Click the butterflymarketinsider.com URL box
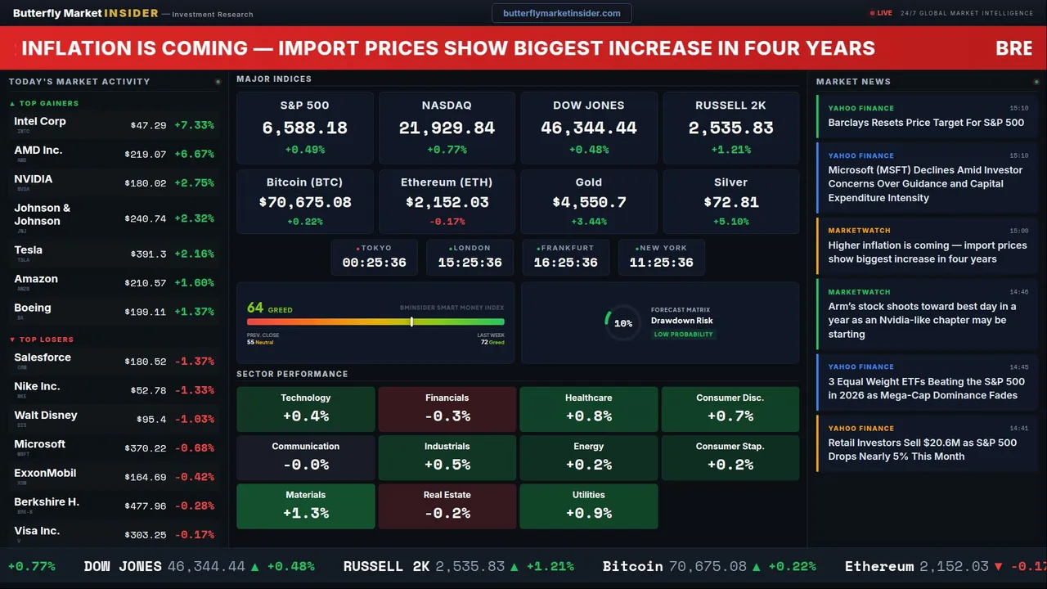click(561, 13)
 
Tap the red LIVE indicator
click(882, 13)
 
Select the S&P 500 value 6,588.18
click(304, 128)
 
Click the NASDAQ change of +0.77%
click(447, 150)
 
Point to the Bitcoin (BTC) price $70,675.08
click(304, 202)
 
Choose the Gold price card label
click(588, 182)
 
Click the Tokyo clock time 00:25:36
click(374, 263)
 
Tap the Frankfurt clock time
click(565, 263)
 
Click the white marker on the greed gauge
click(411, 322)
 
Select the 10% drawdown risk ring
click(622, 323)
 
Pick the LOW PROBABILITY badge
click(683, 335)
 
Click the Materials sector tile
click(305, 506)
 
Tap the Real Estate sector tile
click(447, 506)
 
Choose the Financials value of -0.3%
click(447, 416)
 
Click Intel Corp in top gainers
click(40, 122)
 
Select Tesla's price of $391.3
click(148, 254)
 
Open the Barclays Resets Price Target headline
click(925, 123)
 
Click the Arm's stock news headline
click(922, 320)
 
